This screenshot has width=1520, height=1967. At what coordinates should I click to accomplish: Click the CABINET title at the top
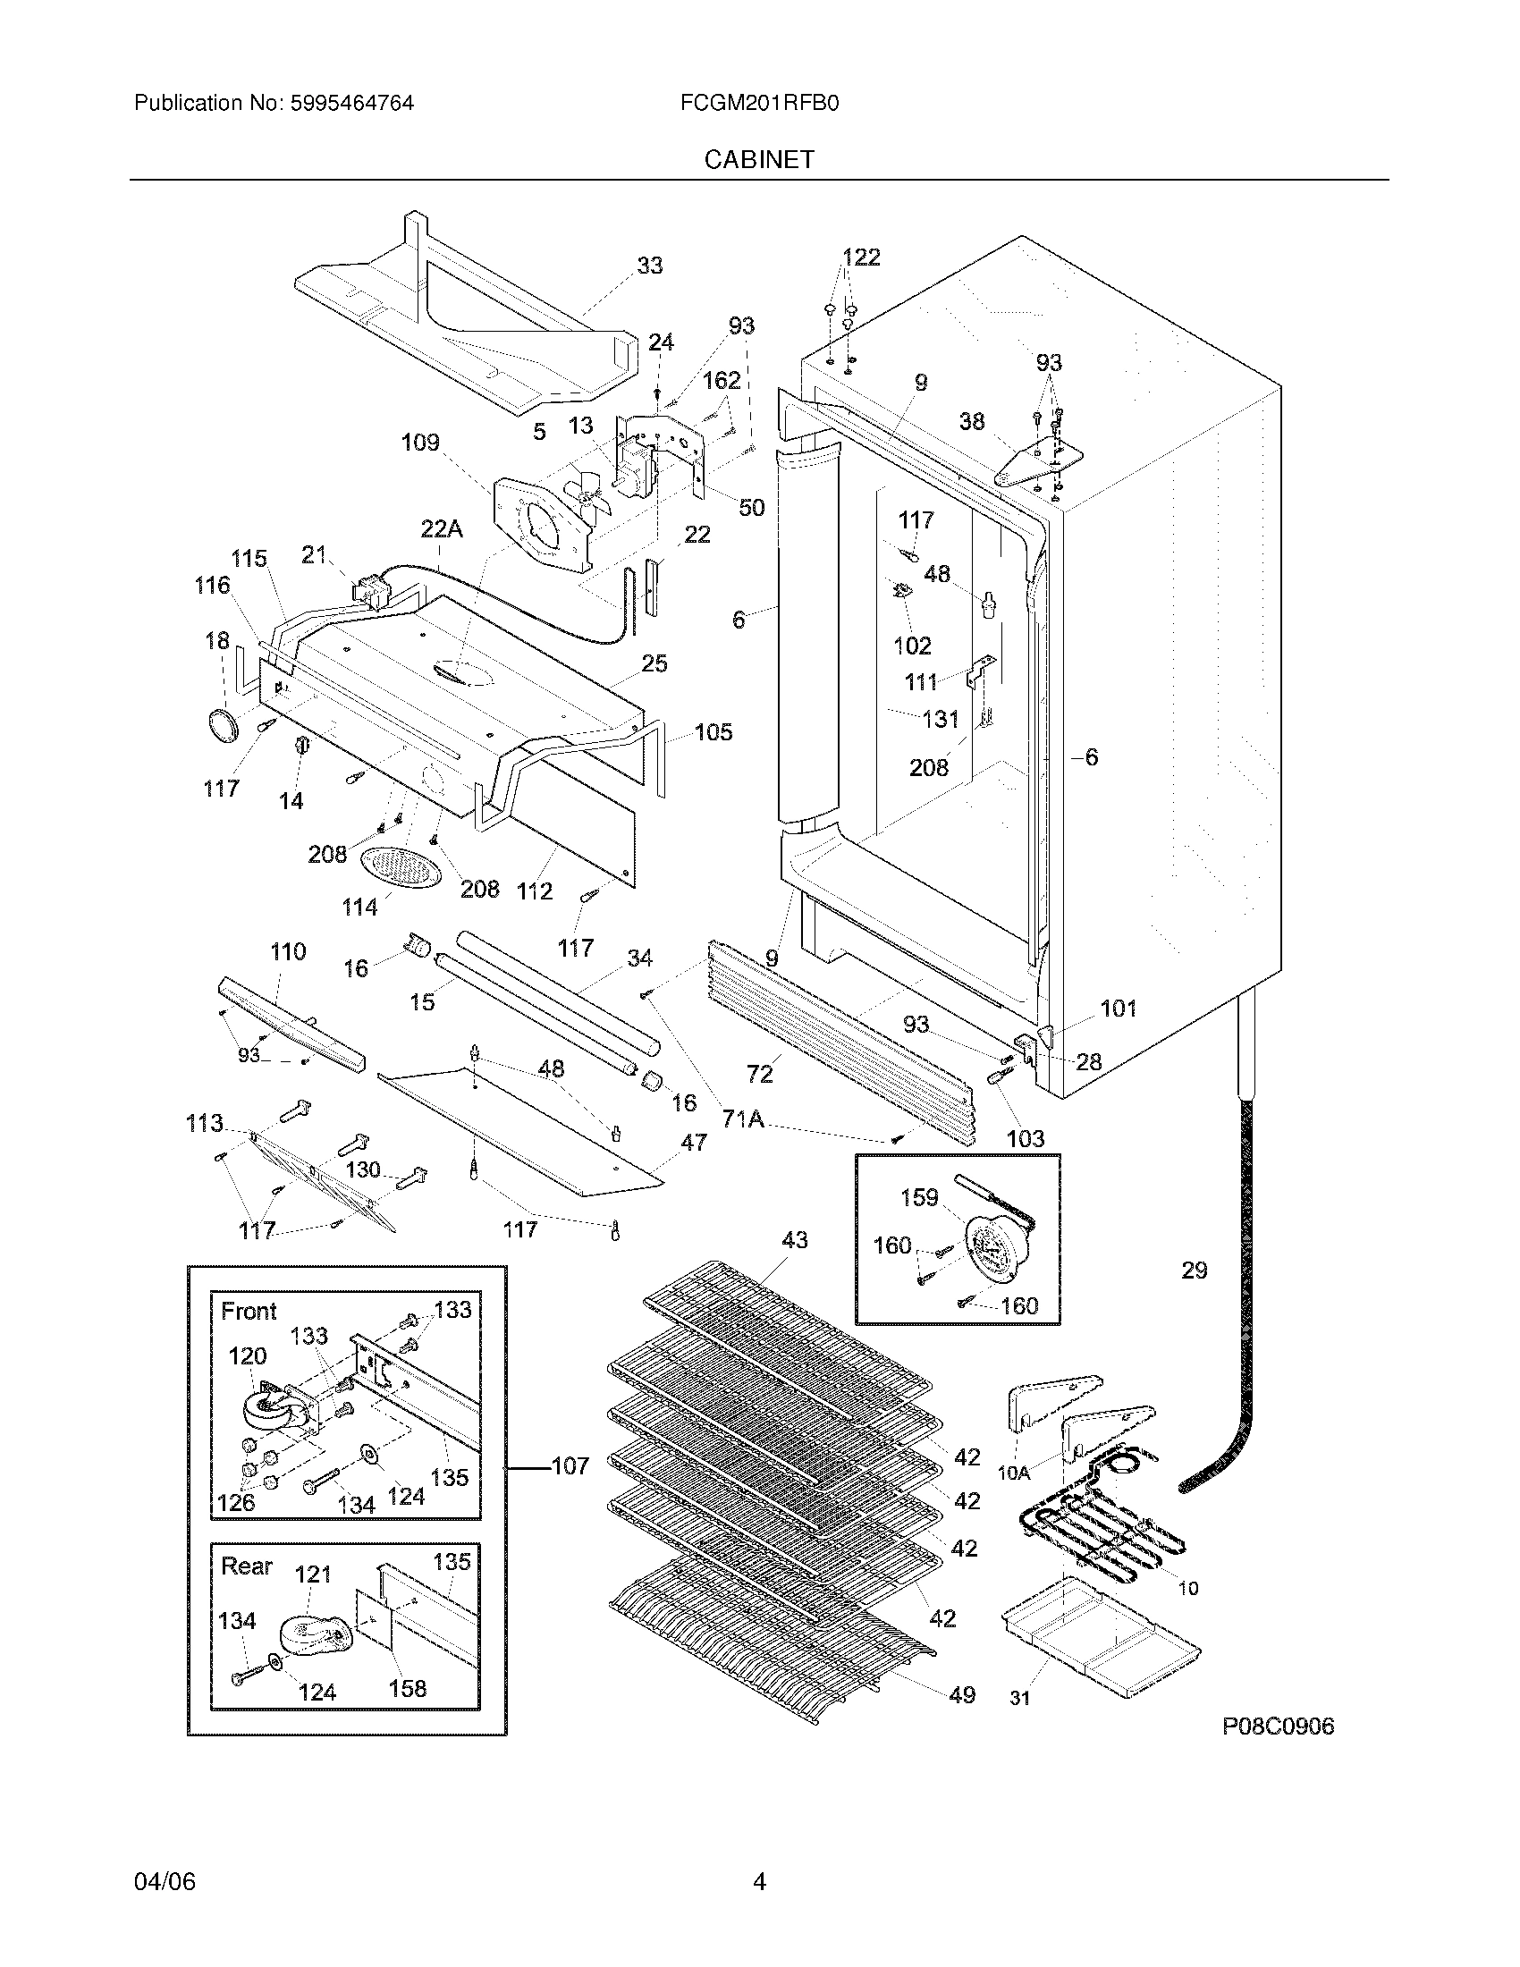click(759, 159)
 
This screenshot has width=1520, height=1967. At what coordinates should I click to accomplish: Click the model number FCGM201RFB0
click(760, 103)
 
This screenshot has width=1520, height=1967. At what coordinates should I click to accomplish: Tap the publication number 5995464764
click(352, 103)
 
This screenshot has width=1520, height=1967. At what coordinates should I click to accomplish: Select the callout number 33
click(649, 266)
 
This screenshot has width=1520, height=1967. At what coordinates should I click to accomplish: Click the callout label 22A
click(441, 529)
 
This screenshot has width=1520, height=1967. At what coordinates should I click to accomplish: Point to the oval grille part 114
click(401, 867)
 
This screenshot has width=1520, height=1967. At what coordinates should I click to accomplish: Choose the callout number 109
click(419, 443)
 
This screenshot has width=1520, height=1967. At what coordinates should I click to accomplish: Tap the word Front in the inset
click(249, 1312)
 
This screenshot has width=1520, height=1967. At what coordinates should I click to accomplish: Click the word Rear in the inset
click(246, 1566)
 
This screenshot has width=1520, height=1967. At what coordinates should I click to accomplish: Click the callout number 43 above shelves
click(794, 1240)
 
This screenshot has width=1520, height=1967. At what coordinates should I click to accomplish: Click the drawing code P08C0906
click(1278, 1726)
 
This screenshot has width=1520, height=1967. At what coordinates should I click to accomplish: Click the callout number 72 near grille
click(759, 1074)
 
